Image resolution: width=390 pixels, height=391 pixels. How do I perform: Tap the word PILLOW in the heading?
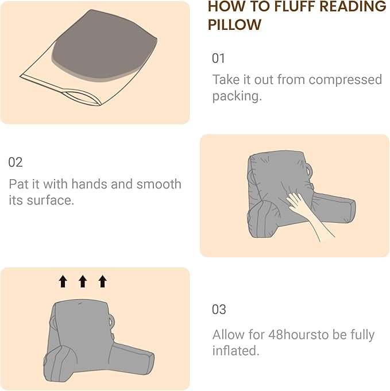tap(234, 25)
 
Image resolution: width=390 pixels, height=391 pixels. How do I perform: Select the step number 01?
tap(219, 59)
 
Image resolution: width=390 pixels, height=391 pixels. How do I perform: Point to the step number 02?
tap(16, 162)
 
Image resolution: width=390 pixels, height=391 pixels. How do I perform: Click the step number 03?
tap(219, 309)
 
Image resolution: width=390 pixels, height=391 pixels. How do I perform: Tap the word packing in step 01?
tap(235, 96)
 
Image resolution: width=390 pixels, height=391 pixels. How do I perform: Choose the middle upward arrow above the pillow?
tap(83, 281)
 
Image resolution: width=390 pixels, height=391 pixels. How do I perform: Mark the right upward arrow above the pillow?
tap(102, 281)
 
